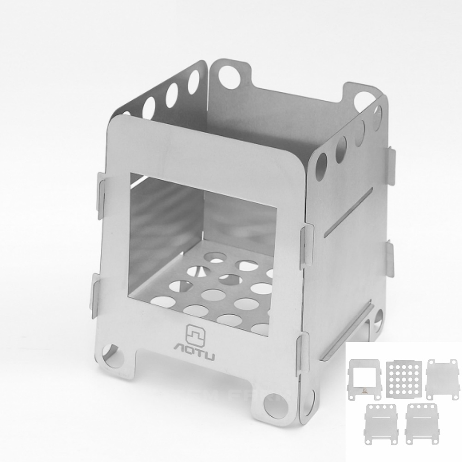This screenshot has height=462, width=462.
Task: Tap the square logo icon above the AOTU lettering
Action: pos(195,334)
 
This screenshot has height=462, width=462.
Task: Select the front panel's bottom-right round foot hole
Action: pos(276,406)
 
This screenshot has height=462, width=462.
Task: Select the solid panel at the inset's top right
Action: pos(443,379)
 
